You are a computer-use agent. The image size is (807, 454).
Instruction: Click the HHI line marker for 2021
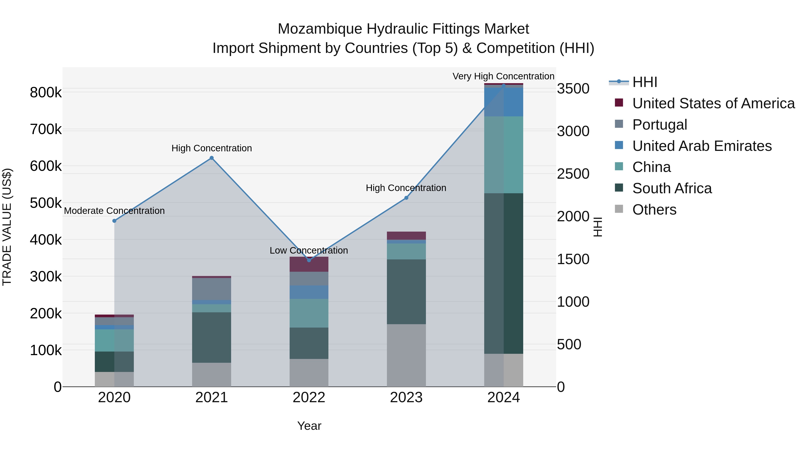211,158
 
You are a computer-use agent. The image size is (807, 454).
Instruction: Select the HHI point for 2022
309,260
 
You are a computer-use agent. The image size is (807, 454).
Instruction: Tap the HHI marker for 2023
406,198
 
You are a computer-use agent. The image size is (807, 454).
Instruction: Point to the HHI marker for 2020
114,221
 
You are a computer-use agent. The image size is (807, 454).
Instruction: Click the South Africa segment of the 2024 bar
504,273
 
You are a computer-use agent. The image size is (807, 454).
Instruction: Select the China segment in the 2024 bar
504,155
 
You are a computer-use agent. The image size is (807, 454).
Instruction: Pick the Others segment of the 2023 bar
406,355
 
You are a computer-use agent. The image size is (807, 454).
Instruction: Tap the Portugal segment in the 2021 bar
211,289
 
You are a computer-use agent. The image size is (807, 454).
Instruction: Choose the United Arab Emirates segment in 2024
504,102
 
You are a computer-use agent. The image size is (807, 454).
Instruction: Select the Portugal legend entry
659,125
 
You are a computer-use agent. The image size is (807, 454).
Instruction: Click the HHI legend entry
644,82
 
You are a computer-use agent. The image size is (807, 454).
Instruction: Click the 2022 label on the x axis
309,398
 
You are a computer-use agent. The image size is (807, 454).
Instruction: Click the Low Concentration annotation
309,250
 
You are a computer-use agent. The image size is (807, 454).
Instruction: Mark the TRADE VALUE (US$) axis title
7,227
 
